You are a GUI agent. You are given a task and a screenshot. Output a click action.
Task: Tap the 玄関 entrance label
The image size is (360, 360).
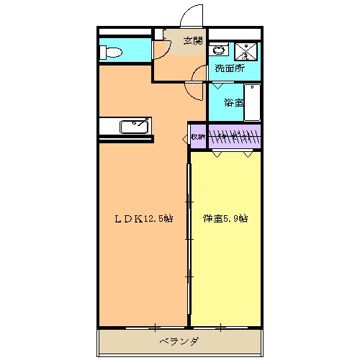pos(192,40)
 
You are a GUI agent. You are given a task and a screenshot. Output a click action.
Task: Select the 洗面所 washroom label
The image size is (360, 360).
pos(230,69)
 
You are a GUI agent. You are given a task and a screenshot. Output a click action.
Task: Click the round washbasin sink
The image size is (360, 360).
pos(218,50)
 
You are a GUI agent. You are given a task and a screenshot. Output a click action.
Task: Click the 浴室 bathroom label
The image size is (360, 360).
pos(232,103)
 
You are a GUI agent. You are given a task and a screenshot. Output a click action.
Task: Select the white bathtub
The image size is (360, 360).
pos(253,102)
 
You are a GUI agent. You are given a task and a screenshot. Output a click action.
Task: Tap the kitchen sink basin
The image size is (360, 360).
pos(133,127)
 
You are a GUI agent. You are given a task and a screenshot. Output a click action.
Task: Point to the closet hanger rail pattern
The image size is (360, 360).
pos(234,135)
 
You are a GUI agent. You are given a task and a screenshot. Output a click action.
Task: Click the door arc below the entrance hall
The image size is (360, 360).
pos(194,90)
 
